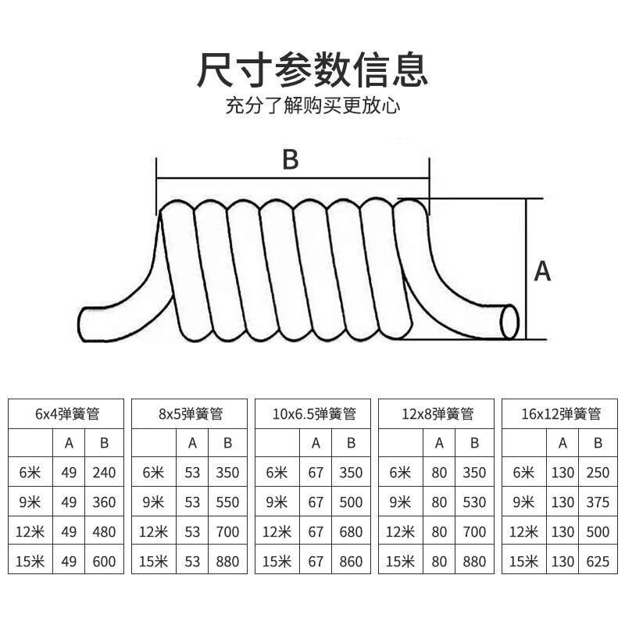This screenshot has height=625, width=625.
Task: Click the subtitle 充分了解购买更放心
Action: click(x=312, y=105)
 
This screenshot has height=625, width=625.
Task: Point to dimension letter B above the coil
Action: click(x=291, y=159)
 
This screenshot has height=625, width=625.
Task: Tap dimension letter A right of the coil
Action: click(x=542, y=271)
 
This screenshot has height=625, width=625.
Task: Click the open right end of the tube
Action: click(x=509, y=322)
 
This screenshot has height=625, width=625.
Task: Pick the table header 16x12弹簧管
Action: click(x=561, y=413)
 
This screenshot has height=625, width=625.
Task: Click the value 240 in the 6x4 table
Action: click(x=103, y=473)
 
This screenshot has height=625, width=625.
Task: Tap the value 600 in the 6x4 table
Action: click(x=103, y=561)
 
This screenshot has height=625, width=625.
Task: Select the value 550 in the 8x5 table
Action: click(x=227, y=502)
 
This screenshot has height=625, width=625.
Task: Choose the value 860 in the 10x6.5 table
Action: click(x=351, y=561)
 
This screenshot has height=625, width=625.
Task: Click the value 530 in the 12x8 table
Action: click(x=474, y=502)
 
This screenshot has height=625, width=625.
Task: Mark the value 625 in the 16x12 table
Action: click(x=598, y=561)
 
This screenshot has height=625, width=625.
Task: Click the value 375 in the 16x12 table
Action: click(x=598, y=502)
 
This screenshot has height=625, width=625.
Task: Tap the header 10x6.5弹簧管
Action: click(x=316, y=413)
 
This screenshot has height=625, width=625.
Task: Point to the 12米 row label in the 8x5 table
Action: click(x=154, y=532)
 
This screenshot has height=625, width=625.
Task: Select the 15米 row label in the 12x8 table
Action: click(x=400, y=561)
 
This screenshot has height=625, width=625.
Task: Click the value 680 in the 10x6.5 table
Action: click(x=351, y=532)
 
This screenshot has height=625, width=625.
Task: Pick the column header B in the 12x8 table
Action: click(x=474, y=443)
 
